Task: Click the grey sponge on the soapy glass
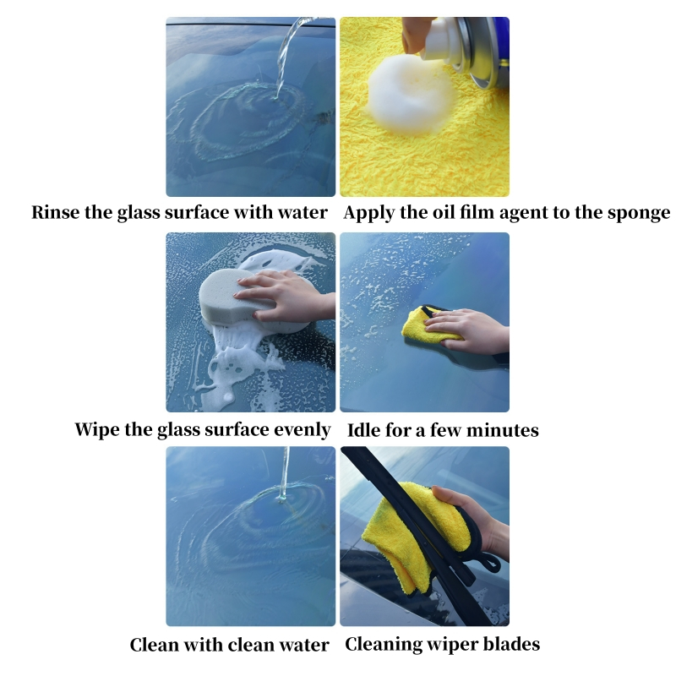235,298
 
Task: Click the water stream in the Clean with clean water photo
285,474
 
